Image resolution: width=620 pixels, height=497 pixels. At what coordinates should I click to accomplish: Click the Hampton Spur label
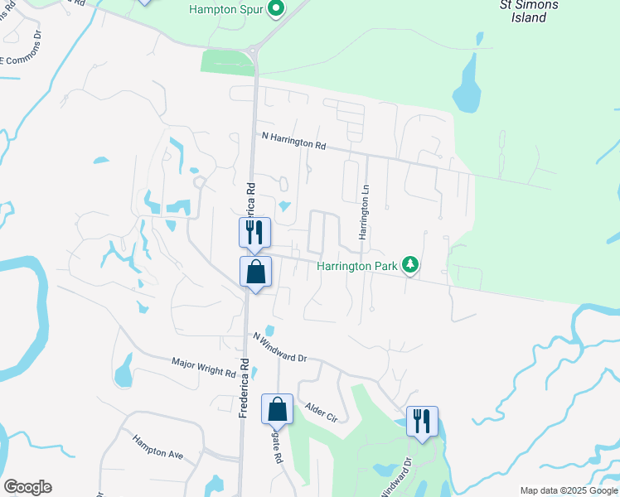pyautogui.click(x=225, y=10)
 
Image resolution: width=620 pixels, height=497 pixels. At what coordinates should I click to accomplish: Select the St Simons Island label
pyautogui.click(x=529, y=11)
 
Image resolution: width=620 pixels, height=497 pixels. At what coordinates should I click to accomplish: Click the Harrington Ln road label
pyautogui.click(x=363, y=213)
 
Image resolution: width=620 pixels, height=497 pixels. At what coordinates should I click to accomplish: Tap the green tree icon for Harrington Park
pyautogui.click(x=409, y=265)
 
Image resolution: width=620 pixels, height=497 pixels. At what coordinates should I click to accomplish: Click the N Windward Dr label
pyautogui.click(x=280, y=347)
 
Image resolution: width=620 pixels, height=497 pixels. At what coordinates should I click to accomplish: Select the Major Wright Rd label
pyautogui.click(x=204, y=367)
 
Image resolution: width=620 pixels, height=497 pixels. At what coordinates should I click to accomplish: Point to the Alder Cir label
pyautogui.click(x=322, y=413)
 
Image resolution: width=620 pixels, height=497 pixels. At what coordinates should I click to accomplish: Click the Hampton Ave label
pyautogui.click(x=157, y=447)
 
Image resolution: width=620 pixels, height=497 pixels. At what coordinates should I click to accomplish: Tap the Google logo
pyautogui.click(x=27, y=487)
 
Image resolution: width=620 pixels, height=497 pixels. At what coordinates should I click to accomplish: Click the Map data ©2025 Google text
pyautogui.click(x=568, y=490)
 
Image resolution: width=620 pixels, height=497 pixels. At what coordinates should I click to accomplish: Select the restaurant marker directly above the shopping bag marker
pyautogui.click(x=254, y=233)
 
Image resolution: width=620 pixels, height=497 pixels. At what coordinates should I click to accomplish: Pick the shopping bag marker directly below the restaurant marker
pyautogui.click(x=255, y=272)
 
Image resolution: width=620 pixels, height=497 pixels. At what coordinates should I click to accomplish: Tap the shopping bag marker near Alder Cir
pyautogui.click(x=277, y=409)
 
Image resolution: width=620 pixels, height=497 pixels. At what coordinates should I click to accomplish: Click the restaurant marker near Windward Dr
pyautogui.click(x=422, y=421)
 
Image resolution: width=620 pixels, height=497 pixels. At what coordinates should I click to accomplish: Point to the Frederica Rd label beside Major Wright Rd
pyautogui.click(x=245, y=387)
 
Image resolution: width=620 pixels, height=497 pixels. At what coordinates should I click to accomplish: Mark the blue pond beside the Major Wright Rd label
pyautogui.click(x=124, y=370)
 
